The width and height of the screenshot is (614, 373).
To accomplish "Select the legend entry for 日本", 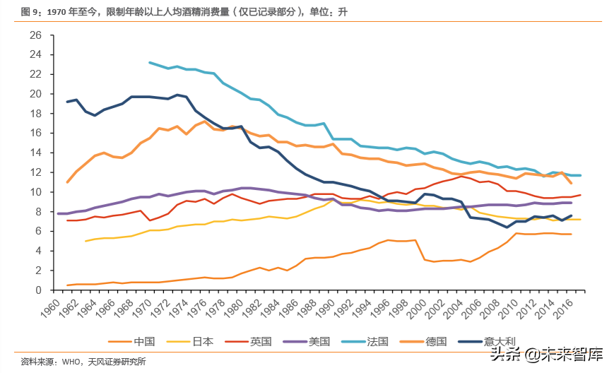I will (203, 341).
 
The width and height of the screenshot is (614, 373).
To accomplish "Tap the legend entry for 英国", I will (261, 341).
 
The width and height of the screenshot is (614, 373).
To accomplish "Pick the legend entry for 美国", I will (319, 341).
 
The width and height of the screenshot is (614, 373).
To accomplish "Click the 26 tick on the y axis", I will (36, 35).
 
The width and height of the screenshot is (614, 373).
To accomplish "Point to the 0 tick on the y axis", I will (40, 290).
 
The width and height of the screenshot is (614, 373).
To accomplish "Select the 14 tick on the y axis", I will (36, 153).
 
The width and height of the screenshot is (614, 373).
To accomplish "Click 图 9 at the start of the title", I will (29, 12).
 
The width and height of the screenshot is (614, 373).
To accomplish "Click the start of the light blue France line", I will (150, 62).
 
